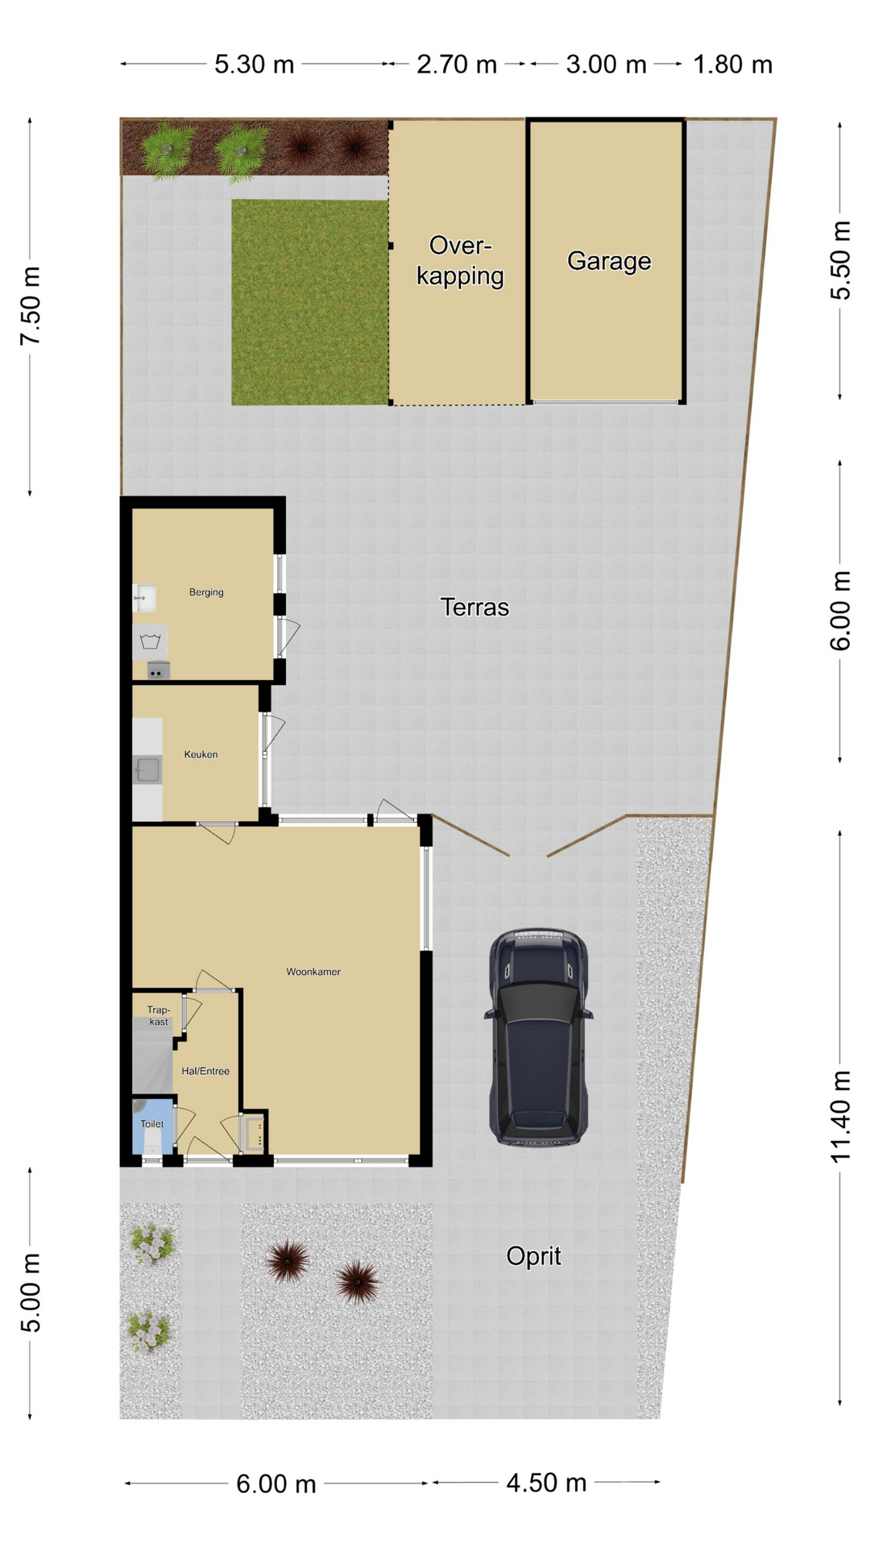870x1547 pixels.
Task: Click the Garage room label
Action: (609, 261)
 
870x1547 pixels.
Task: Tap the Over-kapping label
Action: (460, 260)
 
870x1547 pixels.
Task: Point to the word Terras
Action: (474, 607)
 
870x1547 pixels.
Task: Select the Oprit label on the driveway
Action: (533, 1255)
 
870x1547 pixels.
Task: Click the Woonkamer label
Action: (313, 972)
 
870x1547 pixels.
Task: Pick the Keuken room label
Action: (201, 754)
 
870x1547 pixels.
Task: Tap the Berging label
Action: (206, 592)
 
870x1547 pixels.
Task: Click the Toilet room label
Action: (151, 1123)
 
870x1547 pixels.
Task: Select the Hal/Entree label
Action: (205, 1071)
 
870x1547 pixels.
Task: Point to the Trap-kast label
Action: (159, 1015)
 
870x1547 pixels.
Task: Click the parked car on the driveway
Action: (538, 1036)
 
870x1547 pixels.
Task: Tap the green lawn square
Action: (310, 302)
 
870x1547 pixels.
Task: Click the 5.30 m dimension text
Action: (254, 64)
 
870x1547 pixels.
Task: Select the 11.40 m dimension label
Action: (840, 1117)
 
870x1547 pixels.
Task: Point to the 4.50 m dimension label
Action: (546, 1483)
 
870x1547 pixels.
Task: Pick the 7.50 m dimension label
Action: (31, 306)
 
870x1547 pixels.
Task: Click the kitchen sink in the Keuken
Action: (147, 770)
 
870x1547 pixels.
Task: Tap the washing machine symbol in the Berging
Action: (150, 642)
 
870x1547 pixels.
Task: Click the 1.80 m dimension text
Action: (733, 64)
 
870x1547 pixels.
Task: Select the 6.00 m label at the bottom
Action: (276, 1483)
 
